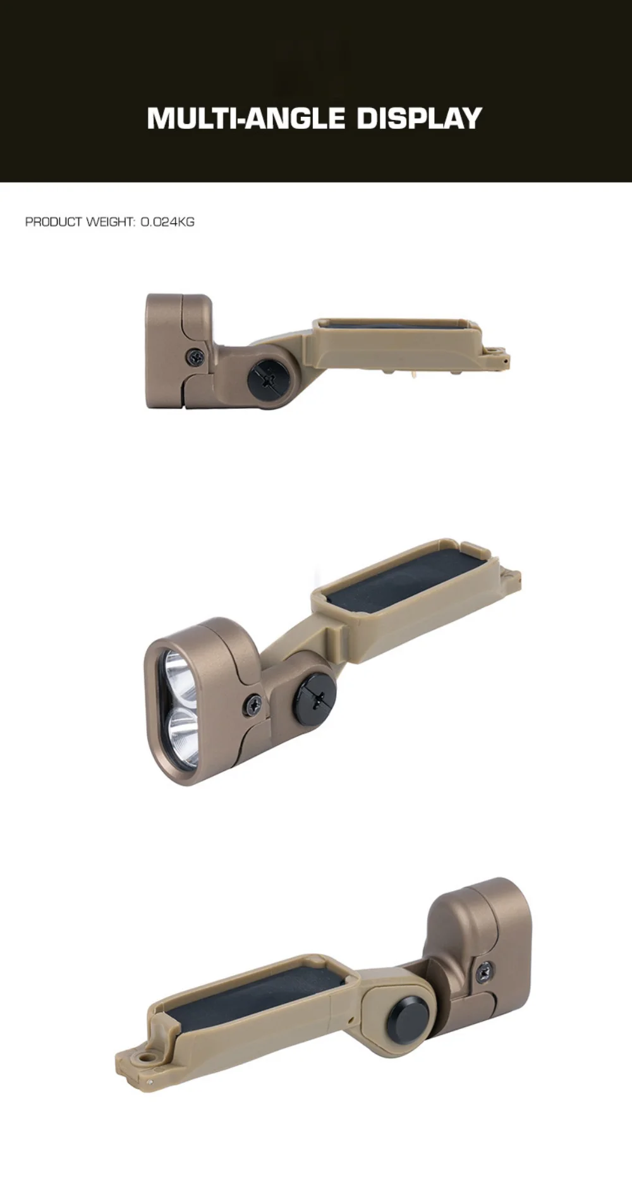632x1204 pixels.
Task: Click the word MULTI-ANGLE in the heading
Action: point(246,118)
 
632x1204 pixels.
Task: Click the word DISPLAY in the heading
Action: point(420,118)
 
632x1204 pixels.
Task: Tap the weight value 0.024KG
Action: point(167,222)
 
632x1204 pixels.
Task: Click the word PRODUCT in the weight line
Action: point(54,222)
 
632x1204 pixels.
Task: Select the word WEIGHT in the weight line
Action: point(111,222)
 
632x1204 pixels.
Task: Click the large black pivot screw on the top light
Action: point(270,380)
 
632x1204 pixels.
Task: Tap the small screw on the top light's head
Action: point(195,358)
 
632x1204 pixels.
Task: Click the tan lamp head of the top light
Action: point(179,351)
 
